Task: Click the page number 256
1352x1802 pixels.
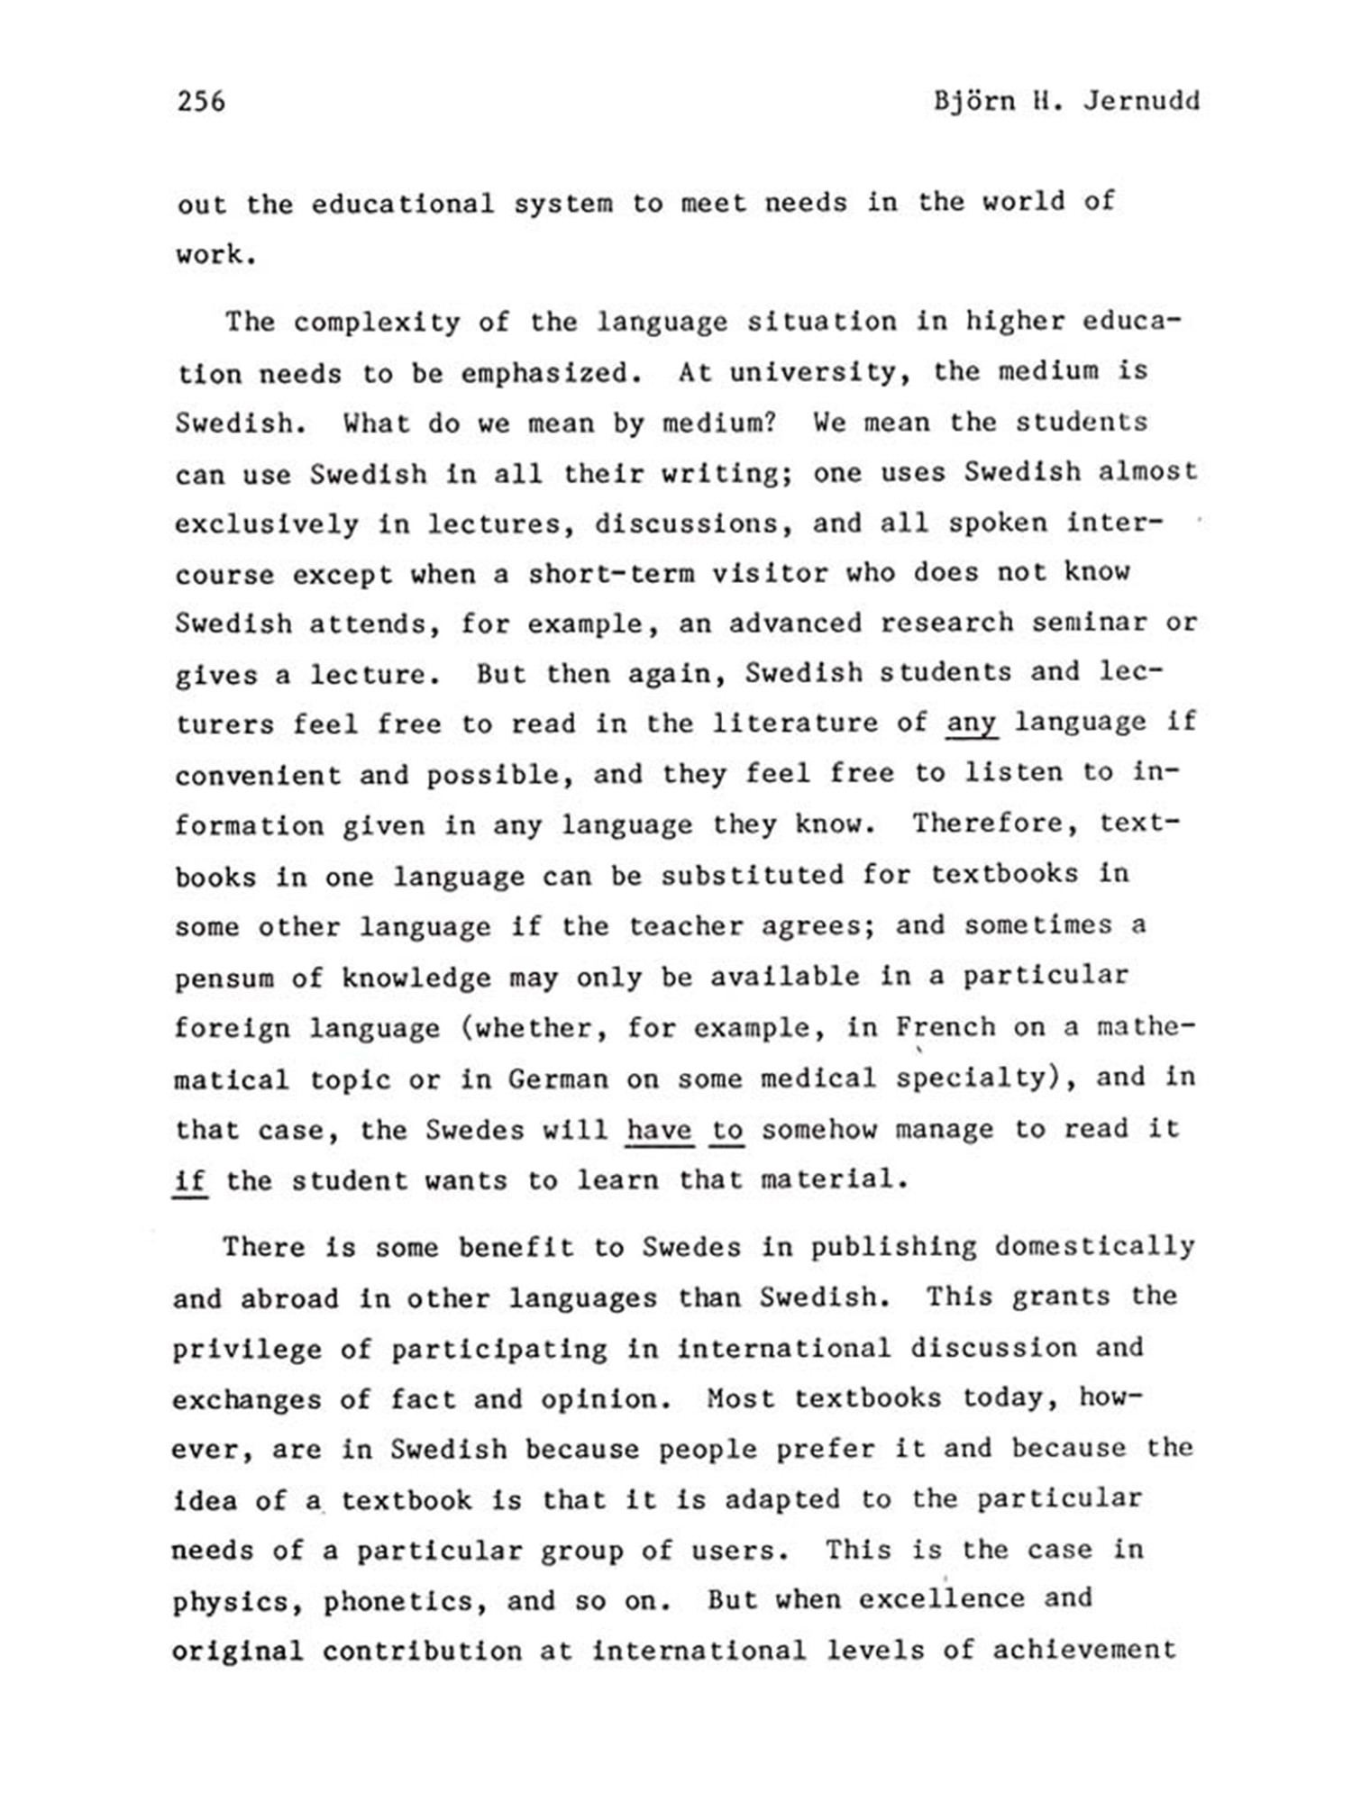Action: pos(201,101)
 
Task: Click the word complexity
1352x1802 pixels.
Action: pos(377,322)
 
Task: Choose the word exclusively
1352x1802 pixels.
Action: pos(266,523)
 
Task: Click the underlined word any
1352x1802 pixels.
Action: pos(971,724)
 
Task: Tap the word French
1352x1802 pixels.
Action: pos(945,1027)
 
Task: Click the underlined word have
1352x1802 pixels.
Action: pos(659,1130)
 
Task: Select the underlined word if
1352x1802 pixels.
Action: pos(190,1180)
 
